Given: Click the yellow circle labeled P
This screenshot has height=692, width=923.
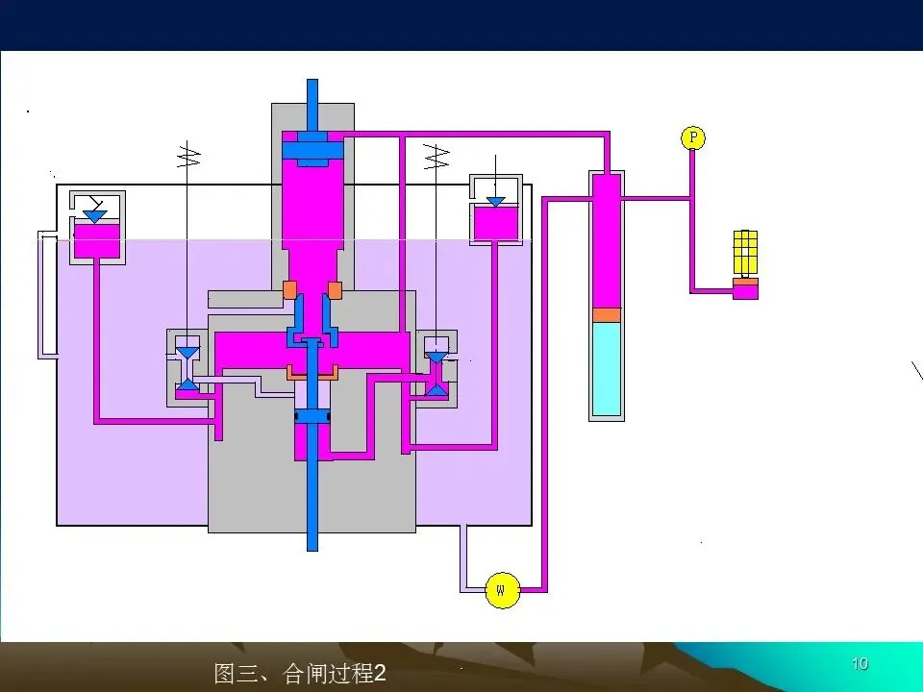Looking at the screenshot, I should (692, 138).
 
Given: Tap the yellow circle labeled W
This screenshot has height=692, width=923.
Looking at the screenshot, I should (501, 588).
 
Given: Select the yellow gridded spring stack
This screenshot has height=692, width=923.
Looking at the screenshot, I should (745, 253).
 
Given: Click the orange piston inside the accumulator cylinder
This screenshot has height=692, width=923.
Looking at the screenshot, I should (606, 314).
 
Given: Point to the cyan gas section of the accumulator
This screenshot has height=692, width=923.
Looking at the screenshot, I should (606, 368).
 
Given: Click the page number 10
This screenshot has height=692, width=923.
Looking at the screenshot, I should (860, 664).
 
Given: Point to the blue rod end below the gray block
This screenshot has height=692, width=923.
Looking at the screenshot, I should (312, 538).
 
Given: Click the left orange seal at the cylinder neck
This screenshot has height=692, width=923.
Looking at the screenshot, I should (289, 288).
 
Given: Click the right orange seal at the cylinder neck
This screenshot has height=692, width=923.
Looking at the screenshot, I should (335, 288).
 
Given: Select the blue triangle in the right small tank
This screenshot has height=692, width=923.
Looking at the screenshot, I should (495, 202).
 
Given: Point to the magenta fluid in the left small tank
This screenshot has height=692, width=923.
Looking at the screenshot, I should (97, 241).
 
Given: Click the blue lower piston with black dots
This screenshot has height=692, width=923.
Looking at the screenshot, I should (312, 416).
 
